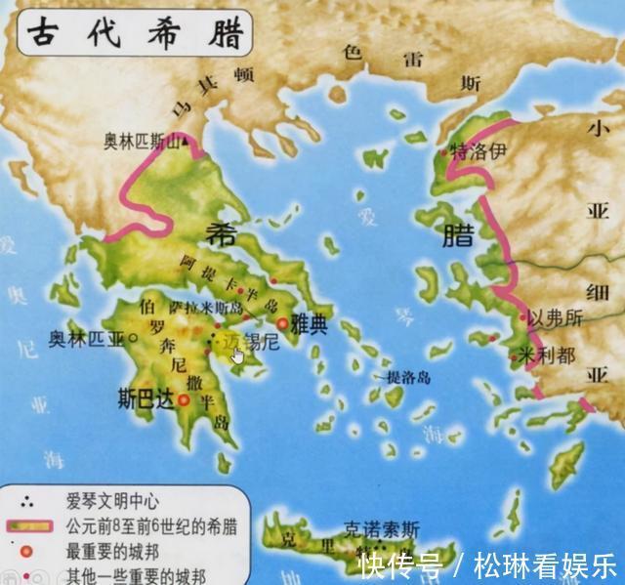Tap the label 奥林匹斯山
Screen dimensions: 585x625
coord(143,142)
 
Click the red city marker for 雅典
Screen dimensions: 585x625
coord(283,324)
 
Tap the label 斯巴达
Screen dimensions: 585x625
coord(145,398)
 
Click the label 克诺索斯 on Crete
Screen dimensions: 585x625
coord(383,529)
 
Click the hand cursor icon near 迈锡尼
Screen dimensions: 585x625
coord(238,355)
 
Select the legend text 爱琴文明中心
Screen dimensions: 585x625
coord(112,502)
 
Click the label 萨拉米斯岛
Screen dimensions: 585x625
coord(223,308)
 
